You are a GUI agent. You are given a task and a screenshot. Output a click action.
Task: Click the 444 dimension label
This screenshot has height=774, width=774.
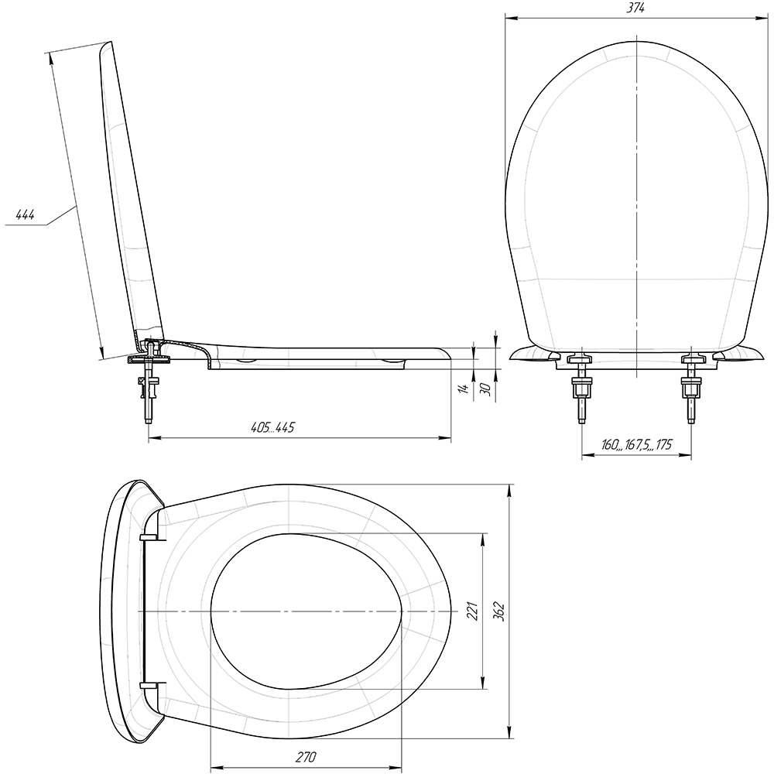pos(25,214)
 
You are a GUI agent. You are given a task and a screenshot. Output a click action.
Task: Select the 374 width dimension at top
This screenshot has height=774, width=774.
pos(636,8)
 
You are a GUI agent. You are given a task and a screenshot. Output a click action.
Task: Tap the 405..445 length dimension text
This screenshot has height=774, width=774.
pos(272,427)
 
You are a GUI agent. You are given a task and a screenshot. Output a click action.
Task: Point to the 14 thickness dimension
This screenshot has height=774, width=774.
pos(463,389)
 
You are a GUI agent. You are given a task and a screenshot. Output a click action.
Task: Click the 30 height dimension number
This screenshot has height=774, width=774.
pos(485,389)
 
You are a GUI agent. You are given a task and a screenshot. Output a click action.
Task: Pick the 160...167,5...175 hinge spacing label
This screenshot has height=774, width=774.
pos(636,445)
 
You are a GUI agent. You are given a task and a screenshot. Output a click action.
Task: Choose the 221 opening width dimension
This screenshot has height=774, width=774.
pos(474,611)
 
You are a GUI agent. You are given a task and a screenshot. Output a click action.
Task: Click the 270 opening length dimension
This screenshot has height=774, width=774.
pos(306,757)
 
